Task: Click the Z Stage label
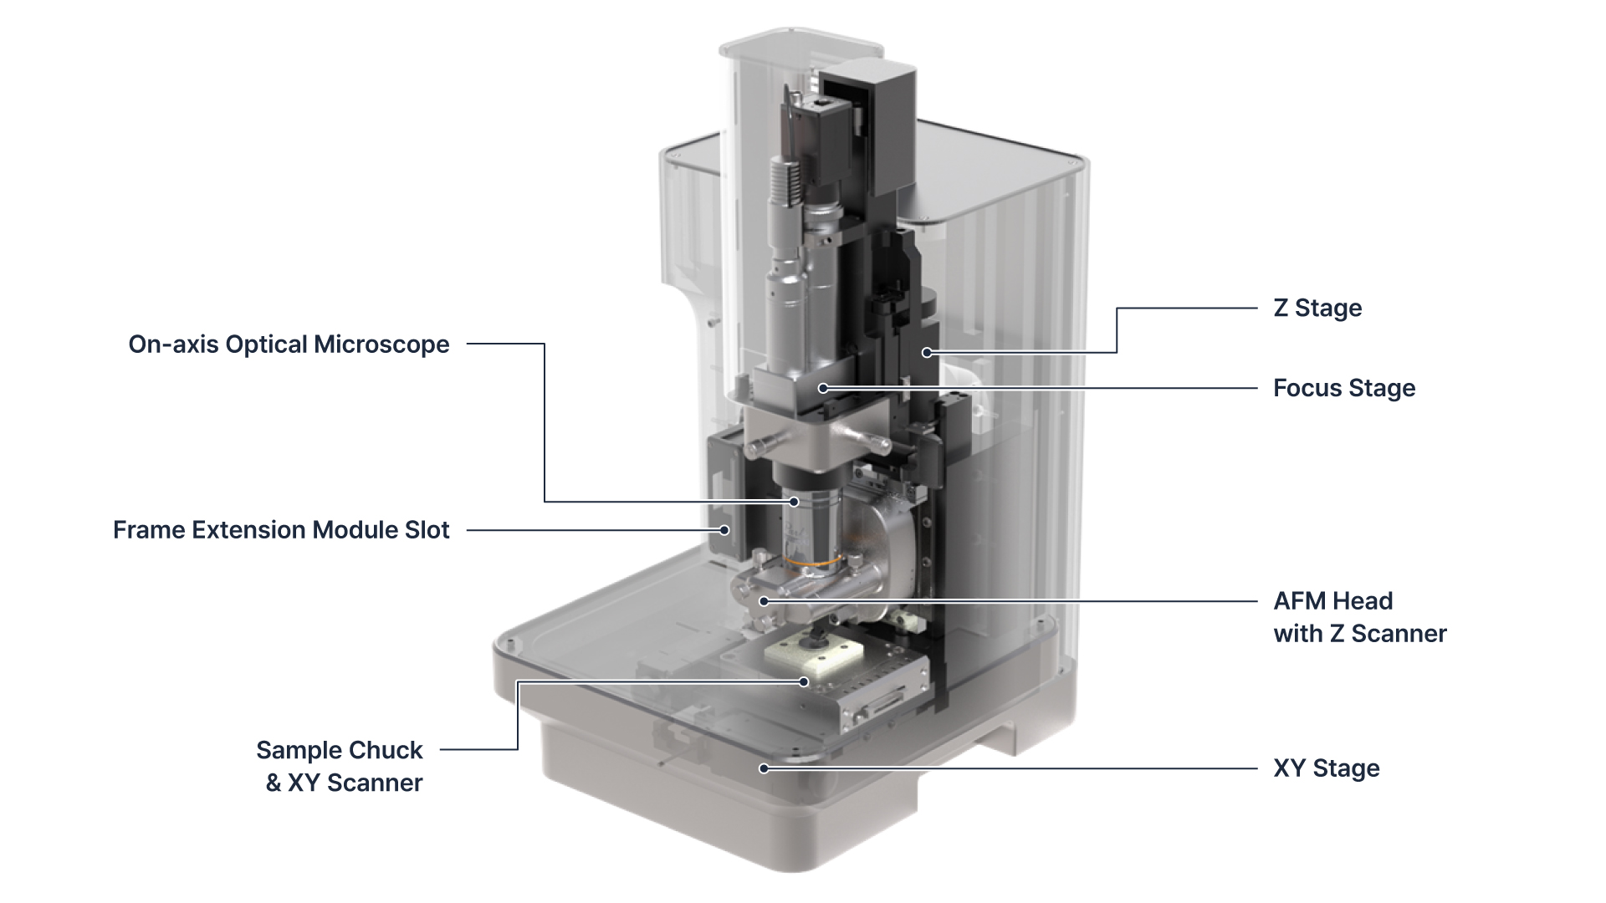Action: click(x=1317, y=308)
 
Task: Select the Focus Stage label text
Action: click(x=1343, y=388)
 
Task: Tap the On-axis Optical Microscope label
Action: click(x=289, y=344)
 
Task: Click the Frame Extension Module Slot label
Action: click(x=281, y=530)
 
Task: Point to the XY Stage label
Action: click(x=1326, y=768)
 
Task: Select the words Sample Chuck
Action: click(x=339, y=750)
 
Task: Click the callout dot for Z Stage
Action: click(x=927, y=353)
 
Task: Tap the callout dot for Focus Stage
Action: click(x=823, y=388)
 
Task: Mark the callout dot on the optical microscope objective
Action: click(x=794, y=502)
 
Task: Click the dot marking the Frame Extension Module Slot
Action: click(x=725, y=530)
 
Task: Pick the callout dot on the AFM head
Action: click(x=763, y=601)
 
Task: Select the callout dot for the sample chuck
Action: click(x=804, y=682)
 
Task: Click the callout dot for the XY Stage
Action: click(x=763, y=768)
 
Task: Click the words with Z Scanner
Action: click(x=1359, y=634)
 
